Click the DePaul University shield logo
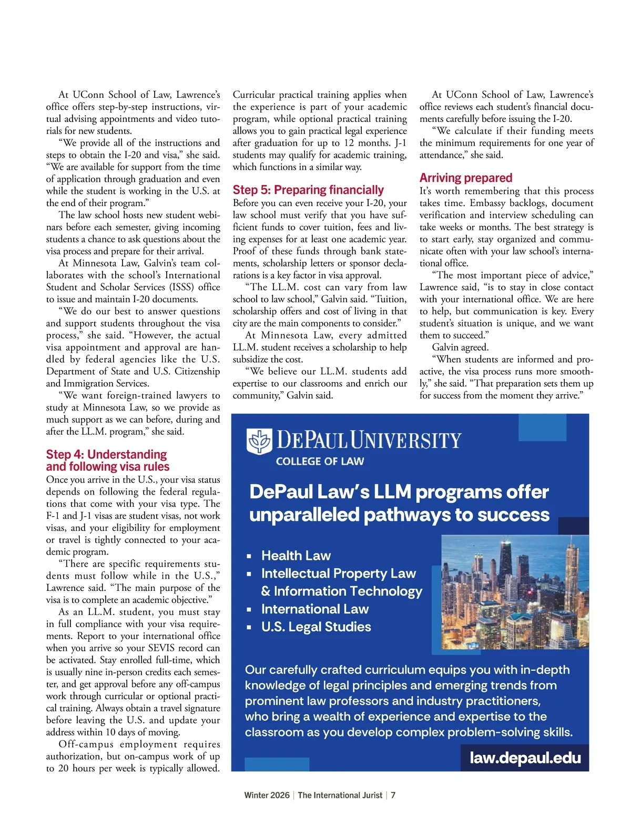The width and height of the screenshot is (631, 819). point(259,441)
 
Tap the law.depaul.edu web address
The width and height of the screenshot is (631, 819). point(525,757)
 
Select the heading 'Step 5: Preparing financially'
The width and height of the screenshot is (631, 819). point(308,190)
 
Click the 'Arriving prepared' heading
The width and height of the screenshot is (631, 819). point(465,178)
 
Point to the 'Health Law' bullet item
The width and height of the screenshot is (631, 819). point(296,556)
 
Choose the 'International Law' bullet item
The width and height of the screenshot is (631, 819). point(314,609)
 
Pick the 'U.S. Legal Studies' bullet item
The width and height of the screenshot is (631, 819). point(315,627)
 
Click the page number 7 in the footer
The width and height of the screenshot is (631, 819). point(393,795)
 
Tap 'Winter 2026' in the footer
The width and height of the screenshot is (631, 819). point(267,795)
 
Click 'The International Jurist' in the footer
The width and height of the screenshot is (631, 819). point(340,795)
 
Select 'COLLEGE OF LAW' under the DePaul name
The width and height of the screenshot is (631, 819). point(320,462)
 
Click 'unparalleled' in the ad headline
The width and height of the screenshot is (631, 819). point(304,515)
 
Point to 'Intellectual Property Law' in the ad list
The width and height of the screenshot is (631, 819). point(338,574)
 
